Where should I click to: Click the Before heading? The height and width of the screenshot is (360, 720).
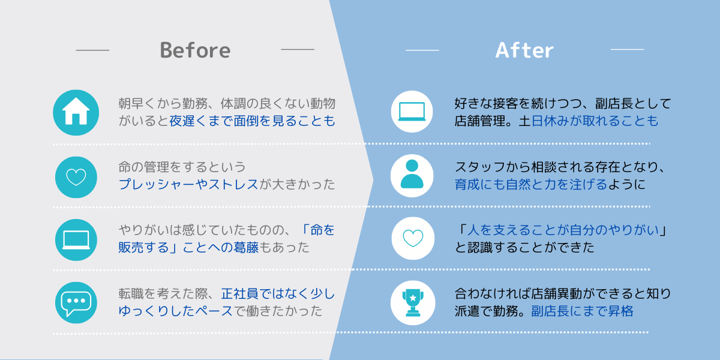coord(195,50)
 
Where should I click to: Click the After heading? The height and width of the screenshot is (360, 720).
coord(524,50)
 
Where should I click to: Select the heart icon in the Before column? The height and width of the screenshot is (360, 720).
coord(76,177)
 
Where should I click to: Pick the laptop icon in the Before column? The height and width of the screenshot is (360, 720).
coord(76,240)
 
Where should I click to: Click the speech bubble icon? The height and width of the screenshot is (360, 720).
coord(76,303)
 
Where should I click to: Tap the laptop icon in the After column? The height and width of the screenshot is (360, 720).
coord(412,112)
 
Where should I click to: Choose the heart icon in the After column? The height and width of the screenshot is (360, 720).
coord(413,238)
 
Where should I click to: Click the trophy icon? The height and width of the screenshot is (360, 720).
coord(413,303)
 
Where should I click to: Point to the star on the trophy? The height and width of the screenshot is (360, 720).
coord(413,298)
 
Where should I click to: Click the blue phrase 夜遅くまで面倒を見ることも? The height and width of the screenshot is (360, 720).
coord(253,121)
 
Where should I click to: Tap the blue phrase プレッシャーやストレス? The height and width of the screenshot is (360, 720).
coord(188,184)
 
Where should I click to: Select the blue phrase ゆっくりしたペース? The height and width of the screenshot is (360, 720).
coord(175,311)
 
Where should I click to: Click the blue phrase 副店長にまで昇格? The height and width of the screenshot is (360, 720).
coord(582,311)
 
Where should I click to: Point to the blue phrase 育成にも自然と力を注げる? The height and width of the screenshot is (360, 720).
coord(531,184)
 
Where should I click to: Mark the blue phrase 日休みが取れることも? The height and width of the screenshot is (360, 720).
coord(595,121)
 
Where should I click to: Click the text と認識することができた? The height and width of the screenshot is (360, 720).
coord(524,247)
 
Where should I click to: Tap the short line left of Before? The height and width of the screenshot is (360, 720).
coord(92,50)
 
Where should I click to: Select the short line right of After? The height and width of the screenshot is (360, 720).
coord(627,49)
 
